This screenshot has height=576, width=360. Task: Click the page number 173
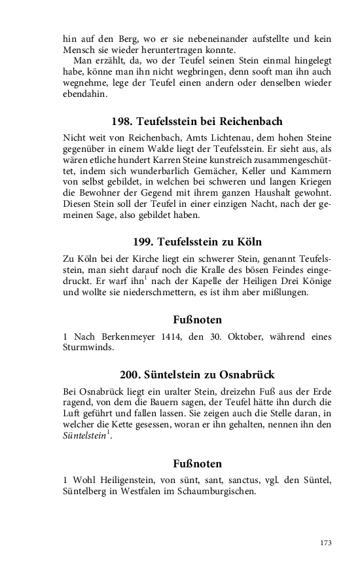(x=325, y=543)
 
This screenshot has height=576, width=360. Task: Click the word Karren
(x=168, y=160)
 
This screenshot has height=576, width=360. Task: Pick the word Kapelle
(x=204, y=281)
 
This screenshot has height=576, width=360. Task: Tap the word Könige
(x=315, y=281)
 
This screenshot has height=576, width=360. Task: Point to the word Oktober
(x=237, y=336)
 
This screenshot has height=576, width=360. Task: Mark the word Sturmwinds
(x=88, y=348)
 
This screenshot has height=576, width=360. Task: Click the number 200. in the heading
(x=131, y=375)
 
